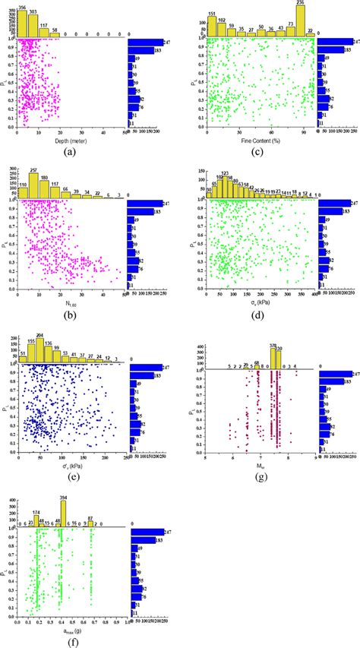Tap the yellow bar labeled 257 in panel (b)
point(33,187)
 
